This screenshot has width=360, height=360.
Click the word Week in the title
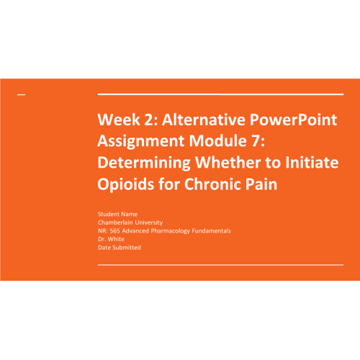(119, 120)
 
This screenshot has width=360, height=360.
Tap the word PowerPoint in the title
(293, 120)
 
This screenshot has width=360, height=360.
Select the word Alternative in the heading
(204, 120)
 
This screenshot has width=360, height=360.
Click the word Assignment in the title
(141, 141)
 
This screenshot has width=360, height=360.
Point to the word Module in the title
(217, 140)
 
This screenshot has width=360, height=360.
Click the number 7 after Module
(256, 141)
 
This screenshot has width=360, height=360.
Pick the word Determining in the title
(144, 163)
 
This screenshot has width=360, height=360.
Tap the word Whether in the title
(228, 163)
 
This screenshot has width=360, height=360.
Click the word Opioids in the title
(125, 184)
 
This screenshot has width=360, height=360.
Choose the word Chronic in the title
(212, 184)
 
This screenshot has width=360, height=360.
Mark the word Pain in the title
(261, 184)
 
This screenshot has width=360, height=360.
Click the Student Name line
(117, 214)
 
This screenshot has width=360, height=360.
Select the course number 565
(114, 231)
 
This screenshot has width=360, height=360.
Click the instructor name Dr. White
(111, 239)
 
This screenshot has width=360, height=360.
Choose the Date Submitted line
(120, 248)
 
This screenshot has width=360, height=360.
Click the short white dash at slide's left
(21, 95)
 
